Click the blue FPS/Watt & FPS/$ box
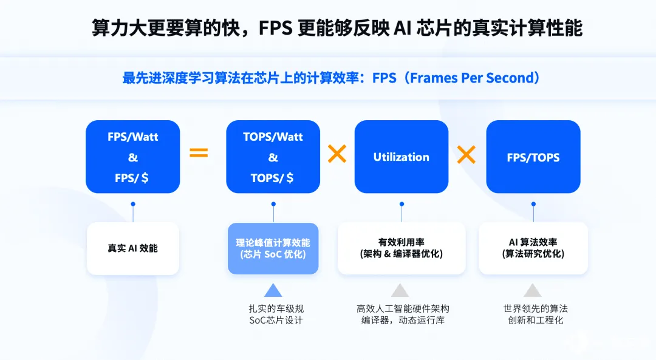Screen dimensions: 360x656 click(132, 157)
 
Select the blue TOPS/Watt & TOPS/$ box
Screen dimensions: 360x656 click(273, 157)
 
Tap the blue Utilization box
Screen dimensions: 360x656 click(401, 157)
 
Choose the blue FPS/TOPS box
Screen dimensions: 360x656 click(533, 157)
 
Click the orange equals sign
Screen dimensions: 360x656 click(199, 153)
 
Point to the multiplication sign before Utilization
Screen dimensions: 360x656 click(337, 154)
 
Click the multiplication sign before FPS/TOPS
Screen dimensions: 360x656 click(466, 154)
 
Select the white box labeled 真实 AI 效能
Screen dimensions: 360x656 click(132, 248)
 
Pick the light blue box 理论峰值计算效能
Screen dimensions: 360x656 click(273, 248)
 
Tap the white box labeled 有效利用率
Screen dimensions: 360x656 click(401, 248)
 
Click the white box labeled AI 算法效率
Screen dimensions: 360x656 click(533, 248)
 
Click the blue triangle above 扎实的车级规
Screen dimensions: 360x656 click(273, 290)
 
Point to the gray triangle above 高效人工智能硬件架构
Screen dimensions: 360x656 click(400, 290)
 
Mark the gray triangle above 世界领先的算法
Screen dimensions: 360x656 click(533, 290)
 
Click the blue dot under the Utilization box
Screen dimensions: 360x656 click(401, 204)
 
